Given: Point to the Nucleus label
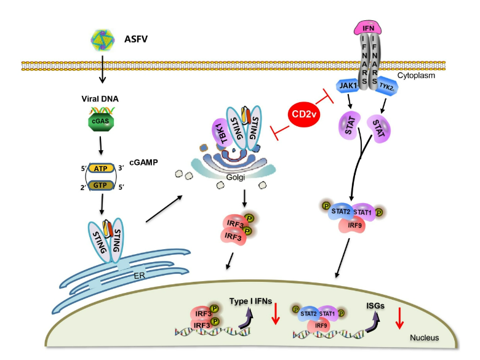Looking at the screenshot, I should (x=424, y=337).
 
